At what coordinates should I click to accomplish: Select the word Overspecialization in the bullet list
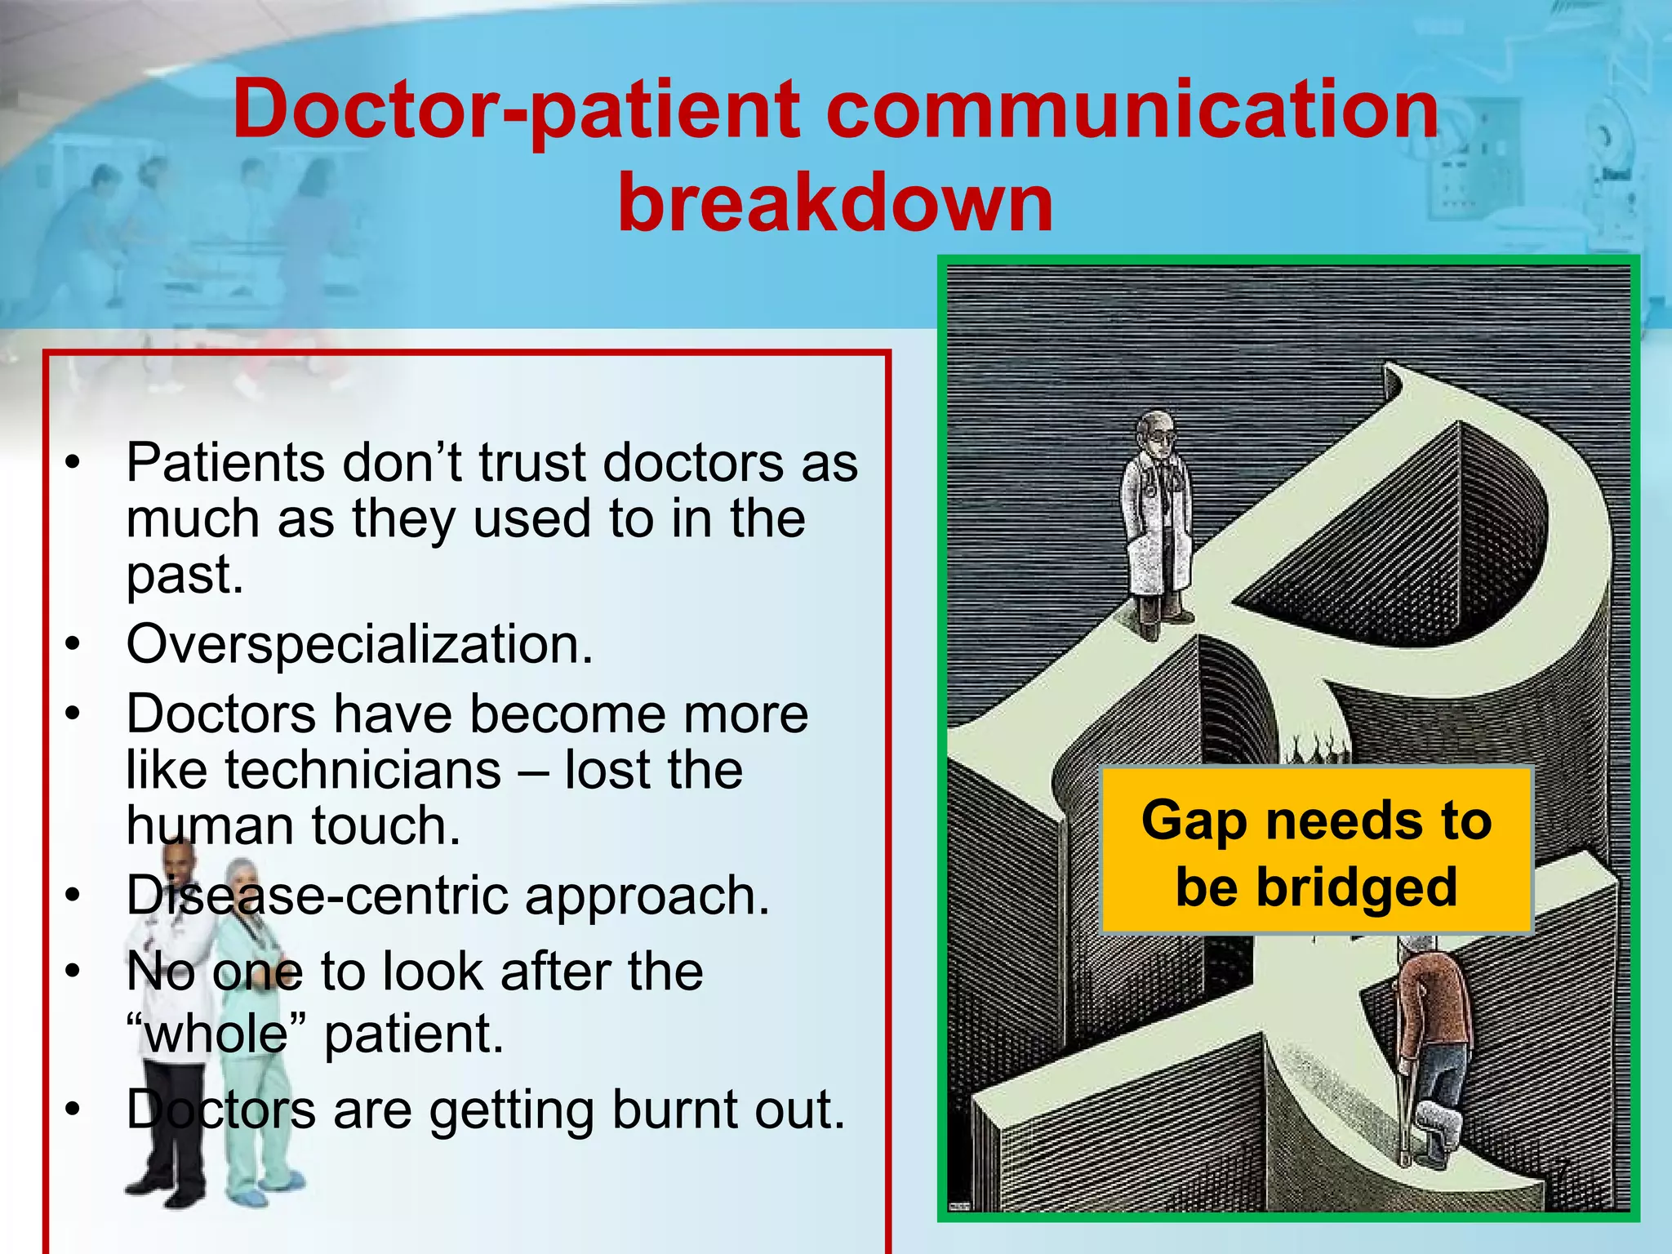point(358,644)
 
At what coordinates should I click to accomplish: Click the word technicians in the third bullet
point(362,770)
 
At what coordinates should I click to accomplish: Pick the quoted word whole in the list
point(216,1034)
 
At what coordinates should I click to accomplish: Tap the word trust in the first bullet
point(531,463)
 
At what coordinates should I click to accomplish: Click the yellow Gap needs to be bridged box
point(1316,851)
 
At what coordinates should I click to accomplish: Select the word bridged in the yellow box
point(1356,887)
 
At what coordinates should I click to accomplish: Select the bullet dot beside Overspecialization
point(74,645)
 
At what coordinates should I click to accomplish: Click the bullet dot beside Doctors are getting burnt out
point(74,1110)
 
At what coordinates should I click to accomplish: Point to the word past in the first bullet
point(185,575)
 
